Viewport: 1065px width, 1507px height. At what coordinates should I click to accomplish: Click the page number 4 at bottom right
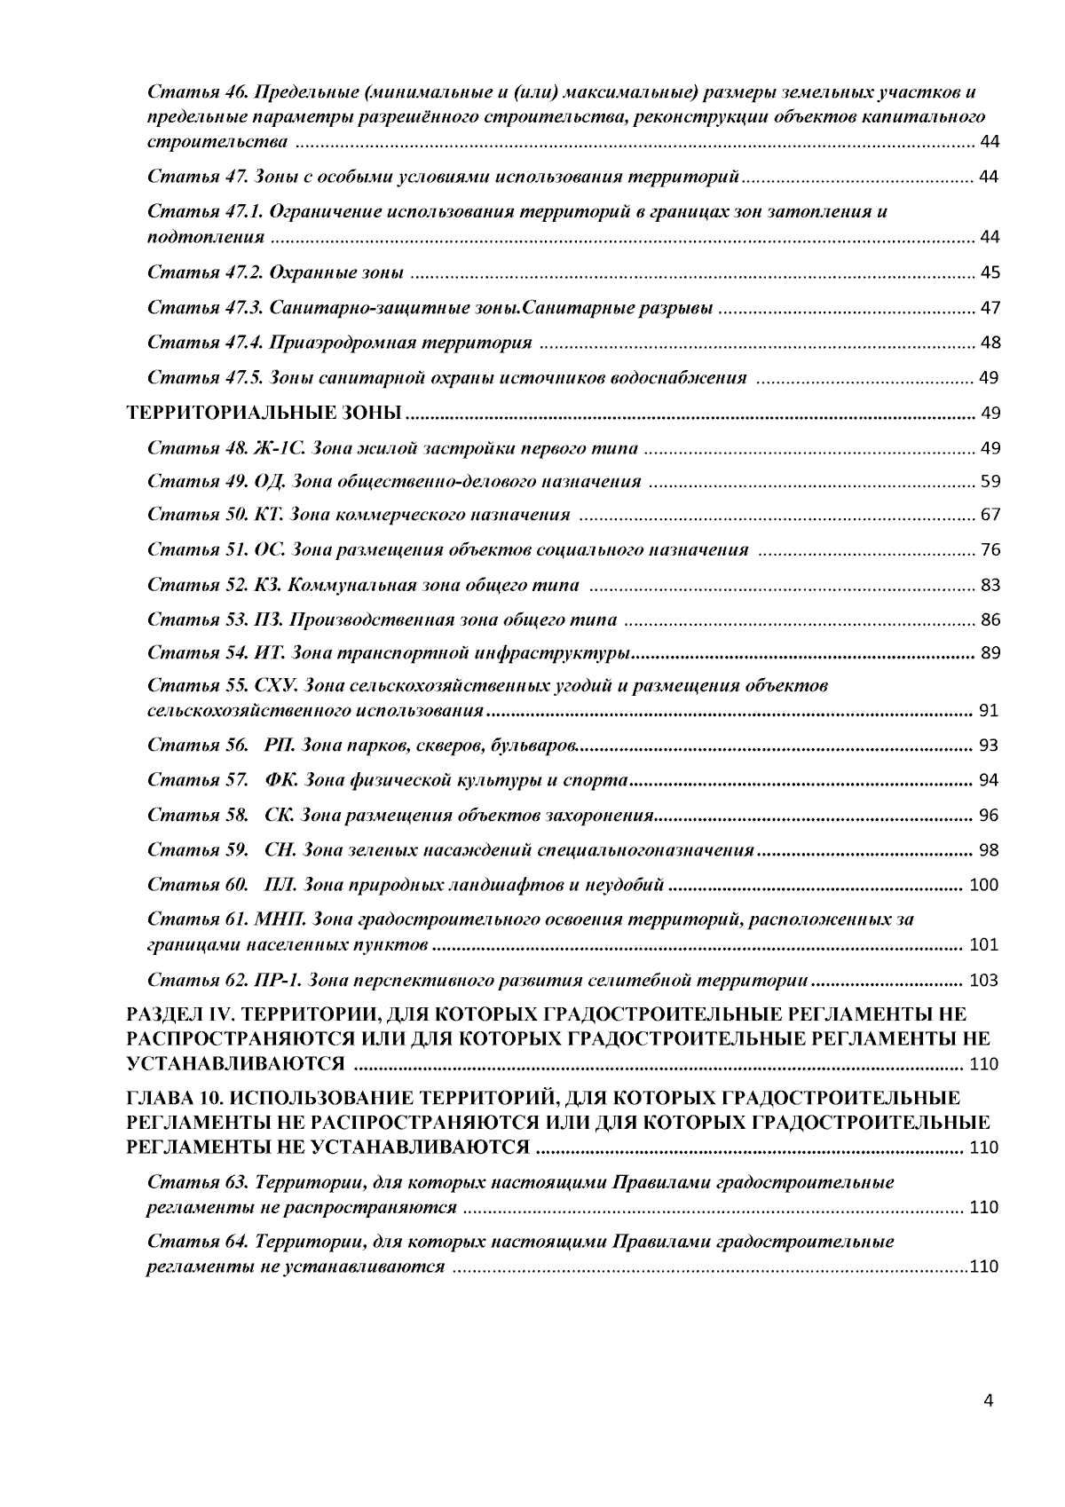coord(989,1402)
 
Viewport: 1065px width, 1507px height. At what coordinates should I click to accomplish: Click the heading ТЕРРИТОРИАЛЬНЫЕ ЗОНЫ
coord(266,413)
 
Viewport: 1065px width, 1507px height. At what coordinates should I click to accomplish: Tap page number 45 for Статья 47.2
coord(989,272)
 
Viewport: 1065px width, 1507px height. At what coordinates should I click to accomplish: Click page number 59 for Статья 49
coord(989,483)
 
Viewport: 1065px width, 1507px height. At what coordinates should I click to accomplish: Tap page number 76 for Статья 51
coord(989,550)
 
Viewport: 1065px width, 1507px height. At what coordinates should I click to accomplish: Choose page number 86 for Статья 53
coord(989,619)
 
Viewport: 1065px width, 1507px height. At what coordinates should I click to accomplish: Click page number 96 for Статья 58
coord(989,816)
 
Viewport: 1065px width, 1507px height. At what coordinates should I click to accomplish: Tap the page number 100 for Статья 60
coord(984,885)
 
